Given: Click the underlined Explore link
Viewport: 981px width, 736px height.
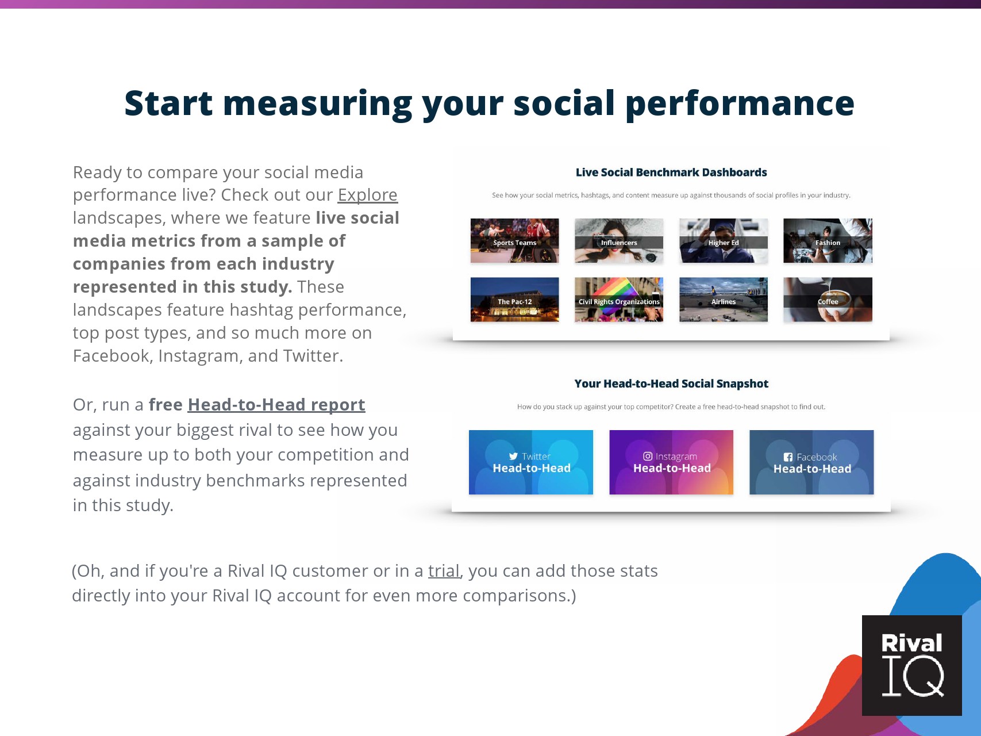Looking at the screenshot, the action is coord(367,195).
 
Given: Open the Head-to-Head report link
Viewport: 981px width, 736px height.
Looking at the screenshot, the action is coord(276,405).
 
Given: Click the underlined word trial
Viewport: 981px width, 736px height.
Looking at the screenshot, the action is coord(444,570).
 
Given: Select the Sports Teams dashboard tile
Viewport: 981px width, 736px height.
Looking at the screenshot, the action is coord(514,241).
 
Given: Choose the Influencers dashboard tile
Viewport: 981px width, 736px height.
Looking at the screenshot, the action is coord(619,241).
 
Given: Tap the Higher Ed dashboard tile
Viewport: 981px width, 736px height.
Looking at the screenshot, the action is coord(724,241).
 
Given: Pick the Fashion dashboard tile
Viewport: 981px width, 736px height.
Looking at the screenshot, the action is coord(828,241).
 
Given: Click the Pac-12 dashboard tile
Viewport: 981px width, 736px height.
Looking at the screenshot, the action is coord(514,300).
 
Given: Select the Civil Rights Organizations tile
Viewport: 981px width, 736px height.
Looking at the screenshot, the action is coord(619,300).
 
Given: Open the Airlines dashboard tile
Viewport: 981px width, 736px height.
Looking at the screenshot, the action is coord(724,300).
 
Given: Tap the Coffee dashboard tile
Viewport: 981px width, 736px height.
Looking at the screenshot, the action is coord(828,300).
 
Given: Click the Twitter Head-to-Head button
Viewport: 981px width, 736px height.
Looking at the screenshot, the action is coord(531,462).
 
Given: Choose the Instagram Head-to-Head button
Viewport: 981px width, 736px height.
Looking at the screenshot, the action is coord(671,462).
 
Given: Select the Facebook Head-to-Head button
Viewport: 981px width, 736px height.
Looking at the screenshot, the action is coord(811,462).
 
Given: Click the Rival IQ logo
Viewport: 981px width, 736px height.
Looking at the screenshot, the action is coord(912,665).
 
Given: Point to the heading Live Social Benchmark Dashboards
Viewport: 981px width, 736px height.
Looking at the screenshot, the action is coord(671,172).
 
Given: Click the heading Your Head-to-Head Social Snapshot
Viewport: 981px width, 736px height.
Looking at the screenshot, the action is coord(671,384).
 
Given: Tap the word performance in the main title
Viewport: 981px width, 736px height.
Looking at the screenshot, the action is coord(740,103).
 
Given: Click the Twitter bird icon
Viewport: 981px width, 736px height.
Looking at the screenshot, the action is coord(513,457).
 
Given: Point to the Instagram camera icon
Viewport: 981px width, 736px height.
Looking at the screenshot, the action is coord(648,456).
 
